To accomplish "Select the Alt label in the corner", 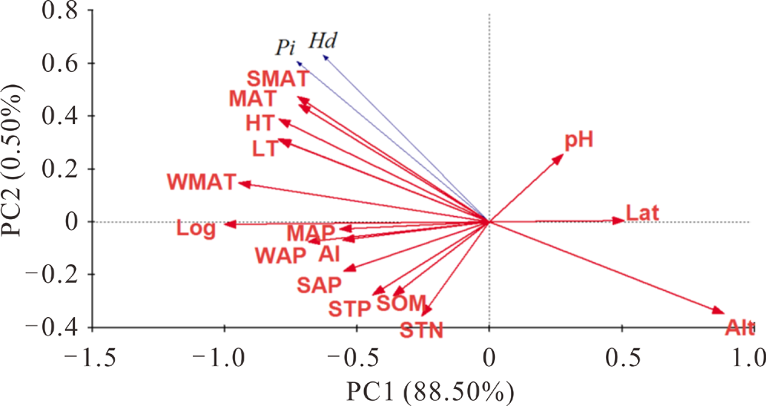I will [x=739, y=329].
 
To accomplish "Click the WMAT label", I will [x=200, y=183].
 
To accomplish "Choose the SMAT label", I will [x=278, y=78].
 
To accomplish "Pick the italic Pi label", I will [x=286, y=47].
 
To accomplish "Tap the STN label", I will [x=421, y=332].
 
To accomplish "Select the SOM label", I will [x=400, y=304].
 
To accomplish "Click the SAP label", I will [x=319, y=286].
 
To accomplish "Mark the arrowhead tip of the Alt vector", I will [x=723, y=313].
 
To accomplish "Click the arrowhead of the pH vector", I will [x=562, y=155].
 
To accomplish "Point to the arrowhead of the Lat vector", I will [x=624, y=221].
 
